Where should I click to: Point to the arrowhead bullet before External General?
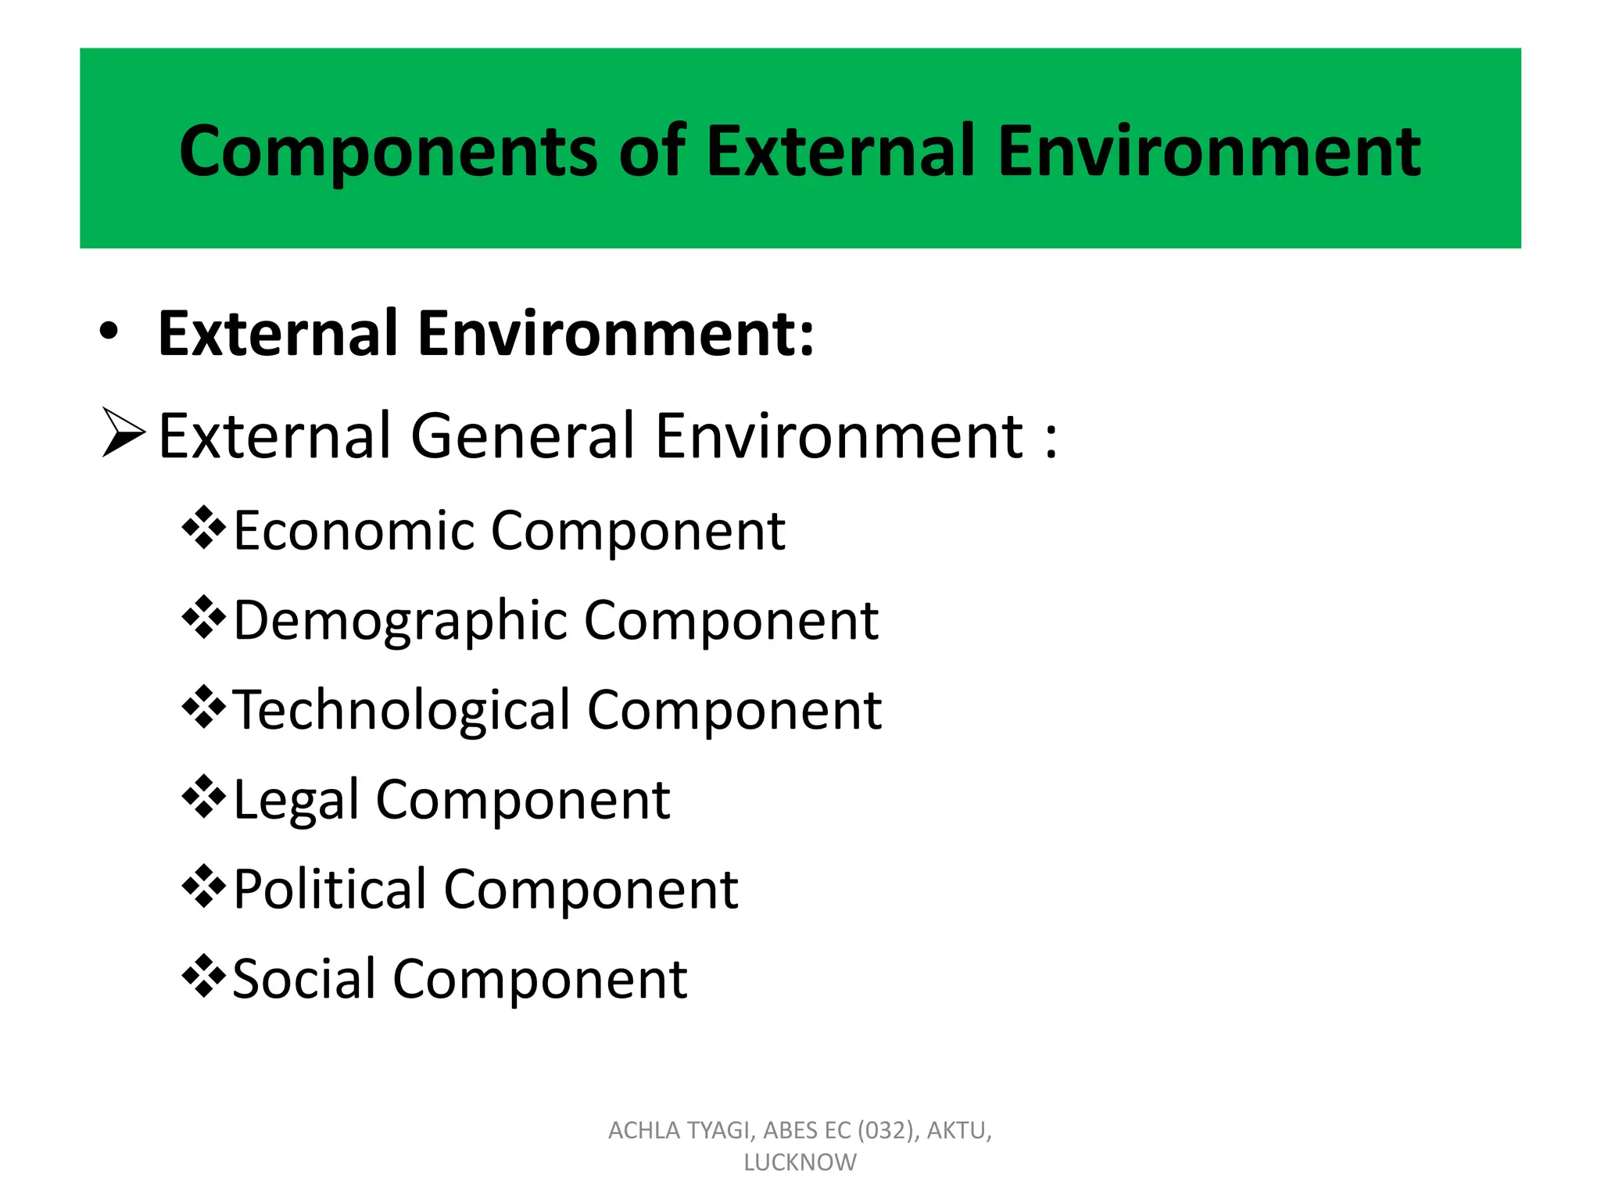[124, 432]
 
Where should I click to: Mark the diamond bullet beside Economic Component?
[203, 529]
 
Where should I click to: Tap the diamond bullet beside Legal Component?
[203, 798]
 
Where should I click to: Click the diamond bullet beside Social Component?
[203, 977]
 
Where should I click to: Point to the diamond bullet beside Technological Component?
[203, 708]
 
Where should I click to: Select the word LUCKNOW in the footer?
[800, 1163]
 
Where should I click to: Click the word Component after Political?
[591, 890]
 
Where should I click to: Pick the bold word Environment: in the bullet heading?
[616, 334]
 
